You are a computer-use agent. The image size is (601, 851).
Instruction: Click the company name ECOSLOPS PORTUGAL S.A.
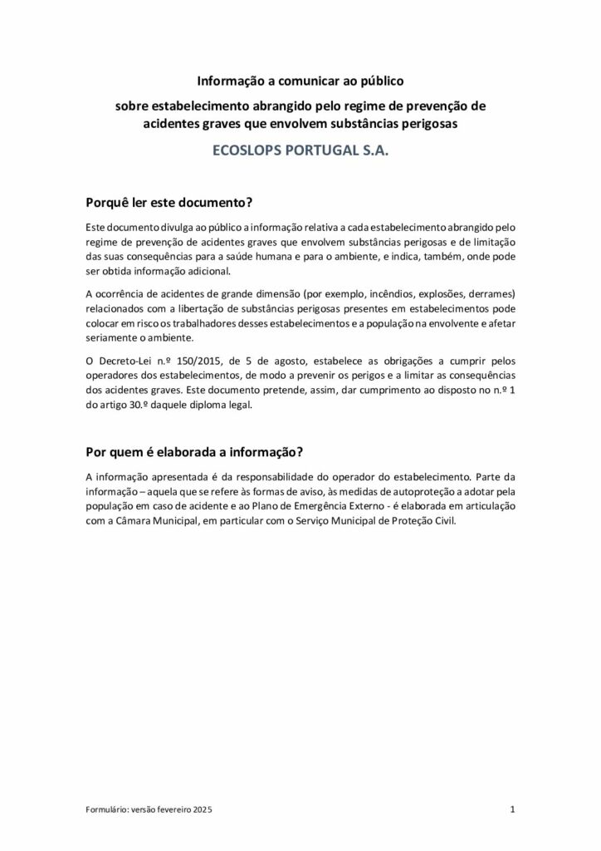pyautogui.click(x=300, y=154)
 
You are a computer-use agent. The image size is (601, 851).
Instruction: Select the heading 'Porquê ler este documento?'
pyautogui.click(x=169, y=203)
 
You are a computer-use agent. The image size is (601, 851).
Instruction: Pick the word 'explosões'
pyautogui.click(x=457, y=294)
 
